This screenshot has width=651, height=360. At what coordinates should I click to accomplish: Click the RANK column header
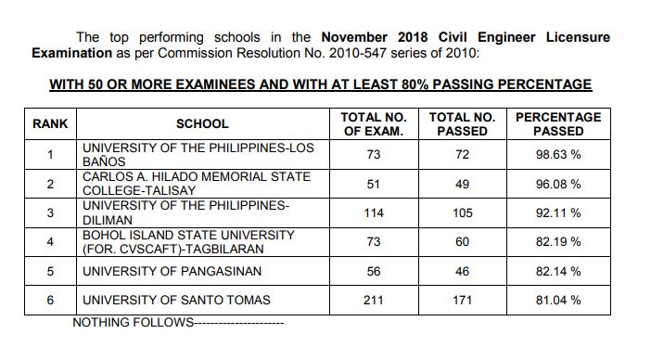pyautogui.click(x=49, y=123)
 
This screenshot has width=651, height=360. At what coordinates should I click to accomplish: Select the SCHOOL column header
pyautogui.click(x=202, y=123)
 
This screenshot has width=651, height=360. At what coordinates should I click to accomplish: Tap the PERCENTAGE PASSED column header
pyautogui.click(x=558, y=123)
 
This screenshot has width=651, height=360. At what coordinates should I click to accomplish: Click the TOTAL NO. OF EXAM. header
pyautogui.click(x=374, y=123)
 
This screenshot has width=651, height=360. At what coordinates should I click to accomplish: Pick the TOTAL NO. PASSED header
pyautogui.click(x=462, y=123)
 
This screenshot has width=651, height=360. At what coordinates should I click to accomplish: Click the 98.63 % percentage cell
pyautogui.click(x=558, y=155)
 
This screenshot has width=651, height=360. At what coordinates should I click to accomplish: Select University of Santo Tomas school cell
pyautogui.click(x=176, y=301)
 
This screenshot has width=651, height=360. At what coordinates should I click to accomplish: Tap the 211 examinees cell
pyautogui.click(x=374, y=301)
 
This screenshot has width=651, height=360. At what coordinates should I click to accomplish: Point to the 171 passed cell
pyautogui.click(x=462, y=301)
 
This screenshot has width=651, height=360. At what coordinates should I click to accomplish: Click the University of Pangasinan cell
pyautogui.click(x=172, y=272)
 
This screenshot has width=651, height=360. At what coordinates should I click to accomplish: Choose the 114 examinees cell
pyautogui.click(x=374, y=213)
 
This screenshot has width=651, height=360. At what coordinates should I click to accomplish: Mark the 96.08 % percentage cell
pyautogui.click(x=558, y=184)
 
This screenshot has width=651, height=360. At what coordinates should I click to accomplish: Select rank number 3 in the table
pyautogui.click(x=49, y=213)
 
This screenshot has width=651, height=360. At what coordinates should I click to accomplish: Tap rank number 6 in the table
pyautogui.click(x=49, y=301)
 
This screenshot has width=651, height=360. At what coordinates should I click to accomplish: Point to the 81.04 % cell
pyautogui.click(x=558, y=301)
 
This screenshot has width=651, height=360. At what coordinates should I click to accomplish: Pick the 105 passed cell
pyautogui.click(x=462, y=213)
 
